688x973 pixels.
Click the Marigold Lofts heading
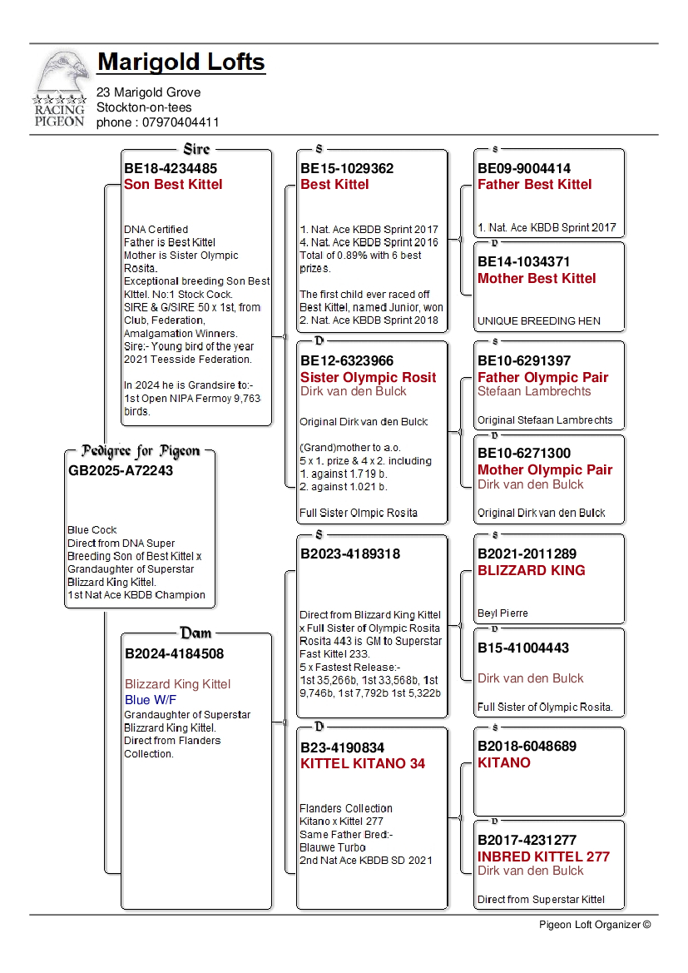click(x=181, y=62)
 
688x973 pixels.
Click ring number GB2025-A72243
click(x=120, y=470)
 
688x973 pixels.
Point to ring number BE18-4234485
click(x=171, y=168)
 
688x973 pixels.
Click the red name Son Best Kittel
click(x=173, y=184)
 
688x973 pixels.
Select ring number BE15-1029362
click(x=347, y=168)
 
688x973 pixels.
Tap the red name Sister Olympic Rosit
click(x=368, y=377)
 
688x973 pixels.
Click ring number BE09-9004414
click(x=524, y=168)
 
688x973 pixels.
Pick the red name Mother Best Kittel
click(x=537, y=278)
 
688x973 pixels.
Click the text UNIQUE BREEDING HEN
click(x=538, y=320)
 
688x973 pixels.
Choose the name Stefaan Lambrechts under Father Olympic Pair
click(x=534, y=391)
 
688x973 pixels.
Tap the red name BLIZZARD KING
click(x=531, y=570)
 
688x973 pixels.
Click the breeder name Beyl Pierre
click(x=502, y=613)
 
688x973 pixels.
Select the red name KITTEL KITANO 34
click(x=362, y=763)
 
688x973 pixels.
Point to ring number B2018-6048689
click(x=527, y=747)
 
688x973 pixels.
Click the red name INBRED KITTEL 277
click(x=543, y=856)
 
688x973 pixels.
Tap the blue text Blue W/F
click(x=151, y=699)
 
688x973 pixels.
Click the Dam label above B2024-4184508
click(x=196, y=633)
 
